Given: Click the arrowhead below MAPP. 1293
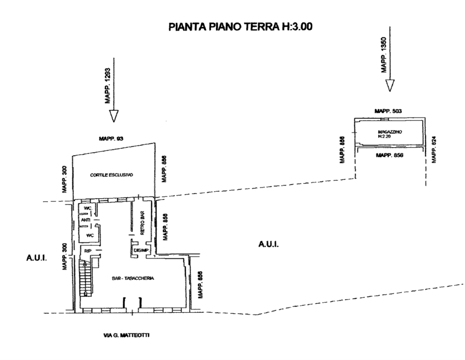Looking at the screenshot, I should tap(113, 116).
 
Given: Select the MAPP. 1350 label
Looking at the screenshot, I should tap(384, 55).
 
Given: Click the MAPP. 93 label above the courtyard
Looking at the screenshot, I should tap(110, 138).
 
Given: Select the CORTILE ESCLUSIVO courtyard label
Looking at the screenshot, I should tap(112, 175).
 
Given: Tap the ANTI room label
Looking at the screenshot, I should tap(85, 220).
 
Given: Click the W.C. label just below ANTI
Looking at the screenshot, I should tap(90, 236).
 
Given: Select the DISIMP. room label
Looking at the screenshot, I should tap(140, 251).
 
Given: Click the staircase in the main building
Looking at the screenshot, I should tap(87, 279).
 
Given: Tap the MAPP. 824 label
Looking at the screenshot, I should tap(434, 150).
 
